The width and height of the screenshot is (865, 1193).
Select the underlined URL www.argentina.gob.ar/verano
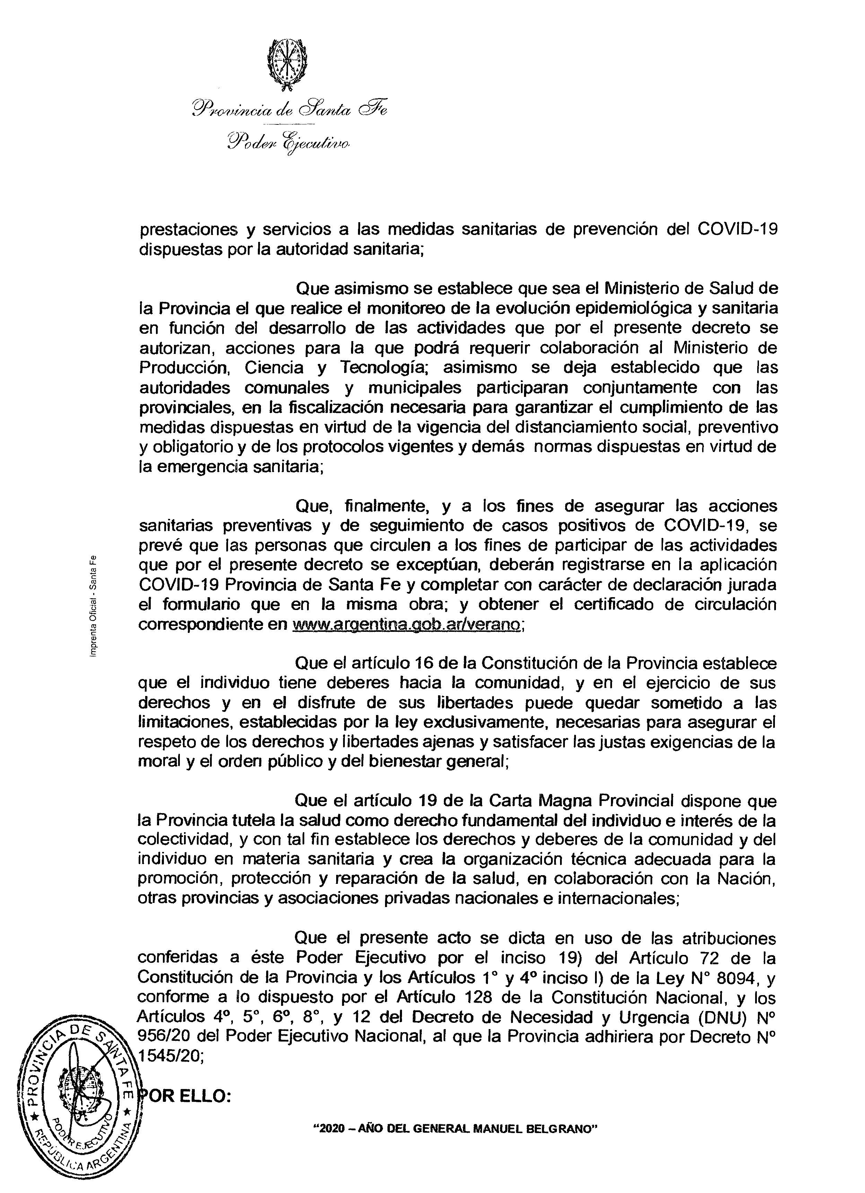407,624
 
